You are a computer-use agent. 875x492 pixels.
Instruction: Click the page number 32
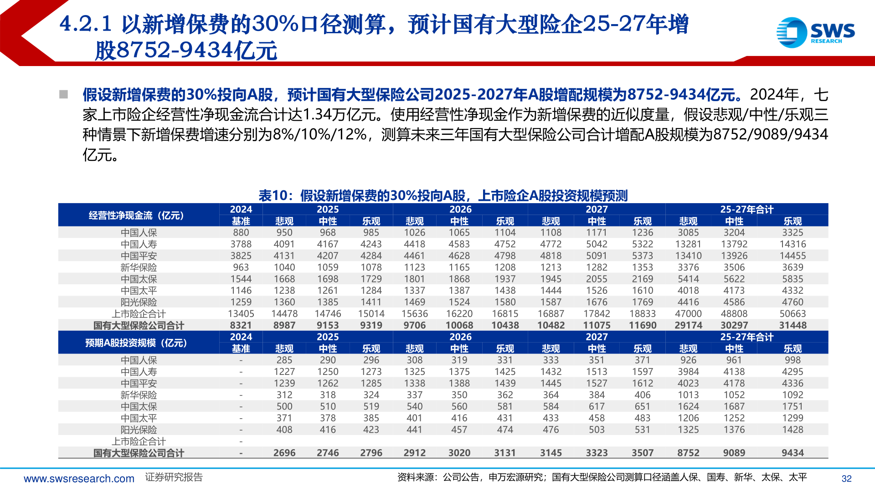[x=846, y=478]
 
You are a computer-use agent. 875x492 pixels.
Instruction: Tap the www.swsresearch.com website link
[x=79, y=478]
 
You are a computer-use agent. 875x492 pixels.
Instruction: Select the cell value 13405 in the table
[x=241, y=313]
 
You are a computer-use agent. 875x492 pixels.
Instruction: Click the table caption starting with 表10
[x=443, y=195]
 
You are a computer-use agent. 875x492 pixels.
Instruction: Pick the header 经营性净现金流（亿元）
[x=136, y=215]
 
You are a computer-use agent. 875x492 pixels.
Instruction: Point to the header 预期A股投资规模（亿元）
[x=136, y=343]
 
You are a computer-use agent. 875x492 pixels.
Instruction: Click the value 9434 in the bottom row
[x=792, y=453]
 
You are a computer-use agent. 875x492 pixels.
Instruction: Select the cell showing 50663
[x=792, y=313]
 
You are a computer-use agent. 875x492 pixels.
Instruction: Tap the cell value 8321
[x=241, y=325]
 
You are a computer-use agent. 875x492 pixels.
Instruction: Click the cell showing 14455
[x=792, y=256]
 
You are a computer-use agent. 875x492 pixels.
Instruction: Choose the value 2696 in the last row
[x=284, y=453]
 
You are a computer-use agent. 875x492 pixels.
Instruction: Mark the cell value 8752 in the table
[x=688, y=453]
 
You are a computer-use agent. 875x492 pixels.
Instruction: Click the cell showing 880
[x=241, y=232]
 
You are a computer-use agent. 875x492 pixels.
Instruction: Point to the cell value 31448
[x=792, y=325]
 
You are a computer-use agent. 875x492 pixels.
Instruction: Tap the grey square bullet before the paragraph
[x=63, y=94]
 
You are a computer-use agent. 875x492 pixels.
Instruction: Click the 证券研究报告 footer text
[x=174, y=477]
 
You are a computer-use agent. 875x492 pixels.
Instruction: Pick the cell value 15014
[x=371, y=313]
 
